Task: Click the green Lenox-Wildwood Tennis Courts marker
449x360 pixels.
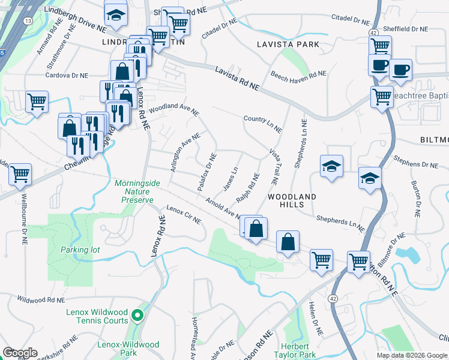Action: (137, 314)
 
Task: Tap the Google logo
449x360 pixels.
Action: (20, 353)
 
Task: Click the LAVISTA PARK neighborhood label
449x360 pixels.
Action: (287, 45)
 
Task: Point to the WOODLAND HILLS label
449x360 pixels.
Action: (292, 200)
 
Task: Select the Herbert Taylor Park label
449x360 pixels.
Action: (295, 351)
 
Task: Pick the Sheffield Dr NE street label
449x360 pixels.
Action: (407, 29)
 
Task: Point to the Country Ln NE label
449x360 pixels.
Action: (262, 123)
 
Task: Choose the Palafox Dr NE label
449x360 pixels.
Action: (206, 172)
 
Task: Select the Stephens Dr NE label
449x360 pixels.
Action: (418, 164)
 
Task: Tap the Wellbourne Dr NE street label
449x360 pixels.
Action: (25, 211)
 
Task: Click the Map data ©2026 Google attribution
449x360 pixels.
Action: (412, 355)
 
